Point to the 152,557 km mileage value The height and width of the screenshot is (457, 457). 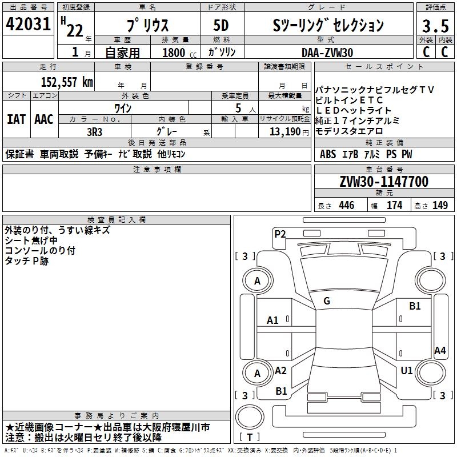click(x=67, y=82)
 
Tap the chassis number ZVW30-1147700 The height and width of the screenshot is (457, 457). click(x=383, y=182)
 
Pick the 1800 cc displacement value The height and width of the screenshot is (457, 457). click(x=175, y=53)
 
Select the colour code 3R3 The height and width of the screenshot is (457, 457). click(x=94, y=131)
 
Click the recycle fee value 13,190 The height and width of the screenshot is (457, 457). click(x=284, y=131)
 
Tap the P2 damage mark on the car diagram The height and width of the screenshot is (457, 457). click(x=280, y=234)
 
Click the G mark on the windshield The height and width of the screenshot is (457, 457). click(x=327, y=301)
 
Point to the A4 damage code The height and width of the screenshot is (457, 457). click(x=439, y=351)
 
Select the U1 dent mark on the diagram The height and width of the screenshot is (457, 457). click(x=406, y=371)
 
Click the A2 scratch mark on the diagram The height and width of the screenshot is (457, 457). click(x=280, y=371)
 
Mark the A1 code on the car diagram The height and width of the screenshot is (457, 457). click(x=273, y=320)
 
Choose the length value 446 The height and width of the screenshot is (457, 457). click(x=346, y=206)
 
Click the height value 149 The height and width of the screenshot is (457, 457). click(x=440, y=206)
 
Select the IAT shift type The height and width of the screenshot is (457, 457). click(x=16, y=119)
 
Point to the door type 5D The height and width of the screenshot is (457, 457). click(x=221, y=25)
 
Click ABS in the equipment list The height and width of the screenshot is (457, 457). click(x=328, y=154)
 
